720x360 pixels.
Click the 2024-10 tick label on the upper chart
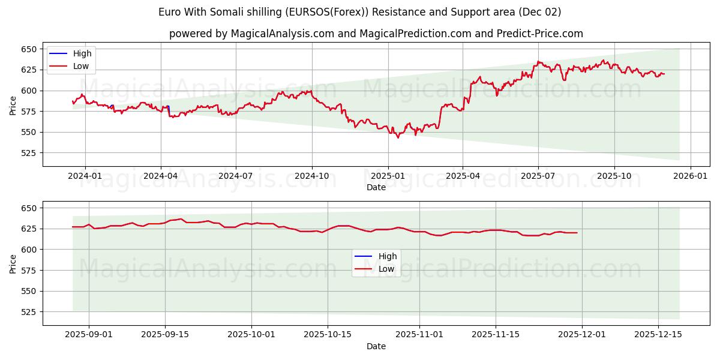(x=311, y=176)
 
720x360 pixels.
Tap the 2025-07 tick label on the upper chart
(x=538, y=176)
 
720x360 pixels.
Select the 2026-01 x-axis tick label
(x=690, y=176)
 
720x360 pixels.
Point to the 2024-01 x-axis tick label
(x=85, y=176)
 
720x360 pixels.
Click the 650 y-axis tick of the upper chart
(x=29, y=49)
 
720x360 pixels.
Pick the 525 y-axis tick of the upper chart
(x=29, y=153)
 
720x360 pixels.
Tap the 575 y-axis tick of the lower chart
(x=29, y=271)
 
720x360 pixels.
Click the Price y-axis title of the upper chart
(x=13, y=105)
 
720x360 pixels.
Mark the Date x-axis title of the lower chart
(x=376, y=346)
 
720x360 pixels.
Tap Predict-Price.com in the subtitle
(x=540, y=34)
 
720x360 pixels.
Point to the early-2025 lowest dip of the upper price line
(x=398, y=137)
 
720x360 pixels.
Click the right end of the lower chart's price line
(x=577, y=233)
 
